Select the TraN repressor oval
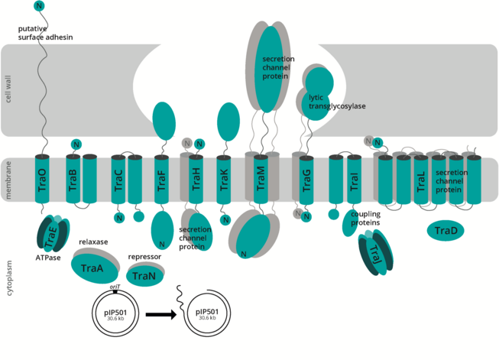[144, 275]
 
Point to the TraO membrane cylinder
[42, 180]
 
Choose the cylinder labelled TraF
[161, 180]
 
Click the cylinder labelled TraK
[224, 180]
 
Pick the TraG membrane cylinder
[306, 180]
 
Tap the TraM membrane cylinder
[261, 180]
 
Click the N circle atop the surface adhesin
[40, 6]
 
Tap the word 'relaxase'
[93, 241]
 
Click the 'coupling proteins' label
[366, 219]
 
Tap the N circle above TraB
[76, 144]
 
